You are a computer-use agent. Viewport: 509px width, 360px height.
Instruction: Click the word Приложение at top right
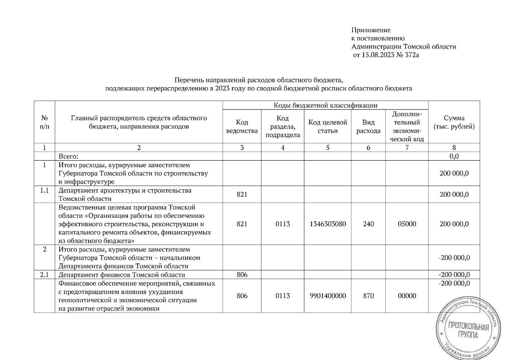pos(371,30)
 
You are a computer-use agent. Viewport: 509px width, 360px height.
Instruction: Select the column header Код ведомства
pos(242,127)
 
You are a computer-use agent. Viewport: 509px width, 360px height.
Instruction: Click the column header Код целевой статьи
pos(328,127)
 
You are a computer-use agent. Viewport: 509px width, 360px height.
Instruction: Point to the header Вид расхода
pos(368,127)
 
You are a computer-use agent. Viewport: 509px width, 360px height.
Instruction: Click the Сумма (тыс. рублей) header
pos(454,122)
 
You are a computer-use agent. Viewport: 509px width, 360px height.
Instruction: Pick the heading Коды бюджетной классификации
pos(325,105)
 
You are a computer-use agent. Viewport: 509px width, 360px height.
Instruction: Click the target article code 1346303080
pos(328,224)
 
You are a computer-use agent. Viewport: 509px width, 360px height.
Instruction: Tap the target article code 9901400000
pos(328,296)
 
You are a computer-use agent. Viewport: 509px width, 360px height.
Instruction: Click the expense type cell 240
pos(368,224)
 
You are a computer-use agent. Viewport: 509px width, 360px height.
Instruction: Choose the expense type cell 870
pos(368,296)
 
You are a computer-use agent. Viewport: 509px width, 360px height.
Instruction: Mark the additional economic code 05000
pos(407,224)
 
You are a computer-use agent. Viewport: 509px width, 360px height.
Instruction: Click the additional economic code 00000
pos(407,296)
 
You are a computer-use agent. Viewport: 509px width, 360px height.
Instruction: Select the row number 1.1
pos(44,190)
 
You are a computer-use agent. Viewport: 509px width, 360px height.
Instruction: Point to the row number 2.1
pos(44,275)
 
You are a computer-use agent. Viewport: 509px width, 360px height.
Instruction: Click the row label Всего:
pos(68,156)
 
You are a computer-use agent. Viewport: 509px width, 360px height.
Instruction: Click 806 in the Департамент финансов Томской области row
pos(242,275)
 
